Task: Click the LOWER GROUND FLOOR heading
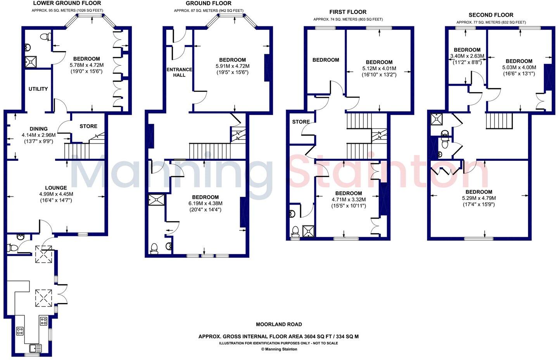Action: click(67, 3)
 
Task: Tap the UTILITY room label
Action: click(38, 89)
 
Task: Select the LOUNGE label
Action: click(56, 188)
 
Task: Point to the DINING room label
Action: click(38, 129)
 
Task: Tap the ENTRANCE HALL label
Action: click(179, 72)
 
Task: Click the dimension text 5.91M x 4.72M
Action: click(232, 66)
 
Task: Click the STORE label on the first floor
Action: click(301, 122)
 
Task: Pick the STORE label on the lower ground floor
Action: click(88, 126)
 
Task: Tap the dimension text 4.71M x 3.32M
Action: click(349, 200)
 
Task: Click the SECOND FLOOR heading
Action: click(491, 15)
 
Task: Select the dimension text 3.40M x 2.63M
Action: click(467, 56)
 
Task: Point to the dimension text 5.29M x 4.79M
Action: click(479, 198)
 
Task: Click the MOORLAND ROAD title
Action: click(279, 324)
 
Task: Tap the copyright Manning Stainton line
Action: click(279, 349)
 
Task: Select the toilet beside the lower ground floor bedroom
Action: click(46, 36)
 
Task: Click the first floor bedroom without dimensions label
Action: click(326, 60)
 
